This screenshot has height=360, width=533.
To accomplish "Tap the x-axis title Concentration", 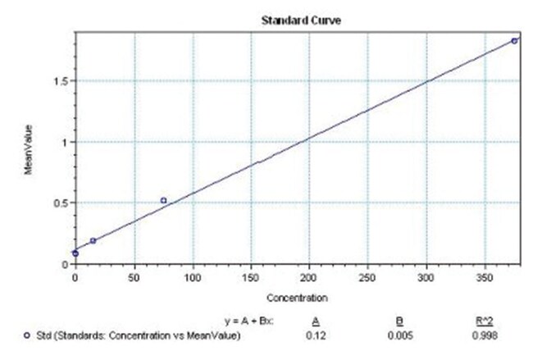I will pyautogui.click(x=297, y=297).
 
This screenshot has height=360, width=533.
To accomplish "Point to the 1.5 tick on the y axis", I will pyautogui.click(x=62, y=81).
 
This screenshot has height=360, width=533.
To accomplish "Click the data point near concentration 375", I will pyautogui.click(x=514, y=40).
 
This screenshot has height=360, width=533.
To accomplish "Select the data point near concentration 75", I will pyautogui.click(x=163, y=200).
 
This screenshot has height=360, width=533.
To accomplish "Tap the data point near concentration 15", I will pyautogui.click(x=93, y=240).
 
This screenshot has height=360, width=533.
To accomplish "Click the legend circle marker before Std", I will pyautogui.click(x=29, y=335).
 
